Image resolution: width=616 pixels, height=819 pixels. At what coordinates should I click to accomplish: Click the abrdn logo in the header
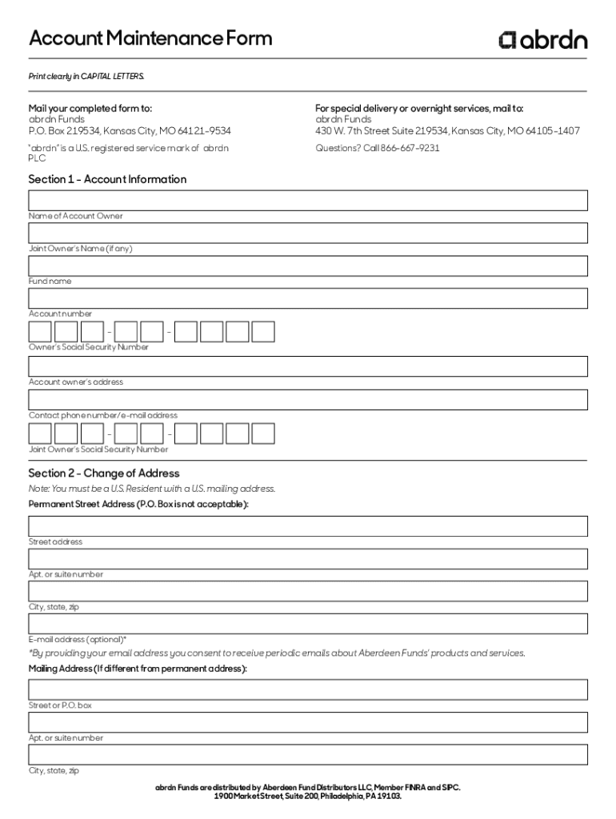pos(543,39)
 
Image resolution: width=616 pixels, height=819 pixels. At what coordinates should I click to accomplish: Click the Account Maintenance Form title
pos(150,38)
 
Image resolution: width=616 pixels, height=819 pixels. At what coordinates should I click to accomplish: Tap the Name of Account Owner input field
pos(308,200)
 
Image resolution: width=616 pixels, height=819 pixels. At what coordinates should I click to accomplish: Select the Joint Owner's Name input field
pos(308,233)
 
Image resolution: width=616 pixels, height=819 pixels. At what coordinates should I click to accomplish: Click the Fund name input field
pos(308,266)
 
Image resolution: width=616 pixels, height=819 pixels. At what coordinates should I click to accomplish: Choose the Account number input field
pos(308,298)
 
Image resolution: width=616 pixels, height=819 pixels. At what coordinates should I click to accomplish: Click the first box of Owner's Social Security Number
pos(40,332)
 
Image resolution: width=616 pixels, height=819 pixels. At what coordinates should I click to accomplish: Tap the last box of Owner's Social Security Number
pos(263,332)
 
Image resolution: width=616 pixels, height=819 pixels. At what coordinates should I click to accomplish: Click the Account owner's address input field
pos(308,366)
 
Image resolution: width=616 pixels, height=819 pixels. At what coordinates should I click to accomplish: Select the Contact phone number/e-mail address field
pos(308,399)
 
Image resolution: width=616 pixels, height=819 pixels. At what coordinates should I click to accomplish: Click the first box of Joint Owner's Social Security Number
pos(40,433)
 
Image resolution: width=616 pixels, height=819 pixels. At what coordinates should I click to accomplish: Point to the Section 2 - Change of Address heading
pos(104,473)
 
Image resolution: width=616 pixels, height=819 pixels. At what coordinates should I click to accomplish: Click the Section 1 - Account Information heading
pos(107,179)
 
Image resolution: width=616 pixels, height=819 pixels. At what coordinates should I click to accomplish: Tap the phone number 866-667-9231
pos(410,148)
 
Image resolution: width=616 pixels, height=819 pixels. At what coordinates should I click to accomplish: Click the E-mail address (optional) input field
pos(308,624)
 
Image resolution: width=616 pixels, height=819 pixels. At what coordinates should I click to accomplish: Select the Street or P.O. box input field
pos(308,689)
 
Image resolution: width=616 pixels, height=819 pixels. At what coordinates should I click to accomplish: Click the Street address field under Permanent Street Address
pos(308,526)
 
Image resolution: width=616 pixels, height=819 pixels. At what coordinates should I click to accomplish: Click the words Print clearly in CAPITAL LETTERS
pos(86,76)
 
